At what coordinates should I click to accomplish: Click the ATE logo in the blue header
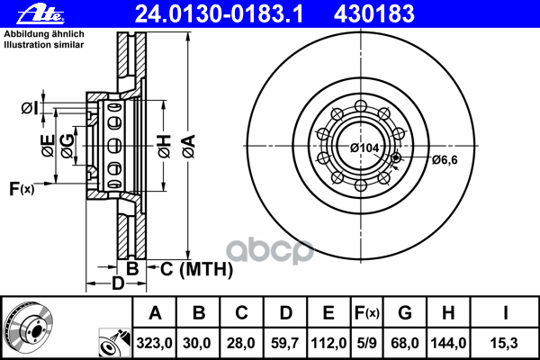coord(41,14)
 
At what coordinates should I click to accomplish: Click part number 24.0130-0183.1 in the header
coord(219,14)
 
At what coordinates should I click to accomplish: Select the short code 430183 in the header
coord(373,14)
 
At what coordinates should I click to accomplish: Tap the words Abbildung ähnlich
coord(44,34)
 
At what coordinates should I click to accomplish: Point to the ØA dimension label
coord(189,147)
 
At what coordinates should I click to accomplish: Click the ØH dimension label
coord(165,147)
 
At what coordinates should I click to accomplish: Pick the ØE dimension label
coord(48,146)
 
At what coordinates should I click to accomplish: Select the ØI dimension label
coord(30,108)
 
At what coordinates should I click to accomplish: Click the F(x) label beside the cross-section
coord(22,189)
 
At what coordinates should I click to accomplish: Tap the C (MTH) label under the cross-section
coord(196,269)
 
